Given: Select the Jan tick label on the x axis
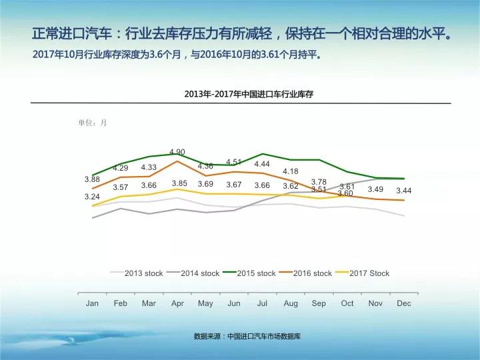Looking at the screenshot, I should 92,303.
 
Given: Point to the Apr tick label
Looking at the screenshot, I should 177,303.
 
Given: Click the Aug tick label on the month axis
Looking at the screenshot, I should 291,303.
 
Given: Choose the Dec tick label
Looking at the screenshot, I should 404,303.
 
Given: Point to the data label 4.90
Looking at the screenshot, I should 177,152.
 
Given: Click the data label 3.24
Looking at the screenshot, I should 92,197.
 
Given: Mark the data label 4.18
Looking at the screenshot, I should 291,172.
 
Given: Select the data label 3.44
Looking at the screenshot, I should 404,191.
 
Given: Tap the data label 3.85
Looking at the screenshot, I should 179,183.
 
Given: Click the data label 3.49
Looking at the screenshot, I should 375,189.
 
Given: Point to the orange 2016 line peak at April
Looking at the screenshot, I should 177,161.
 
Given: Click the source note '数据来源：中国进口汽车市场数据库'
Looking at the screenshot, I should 247,337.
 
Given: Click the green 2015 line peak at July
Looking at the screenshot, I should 263,154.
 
